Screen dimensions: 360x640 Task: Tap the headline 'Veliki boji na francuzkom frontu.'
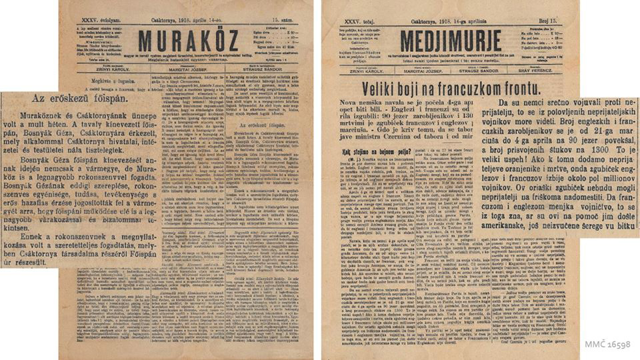[448, 88]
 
